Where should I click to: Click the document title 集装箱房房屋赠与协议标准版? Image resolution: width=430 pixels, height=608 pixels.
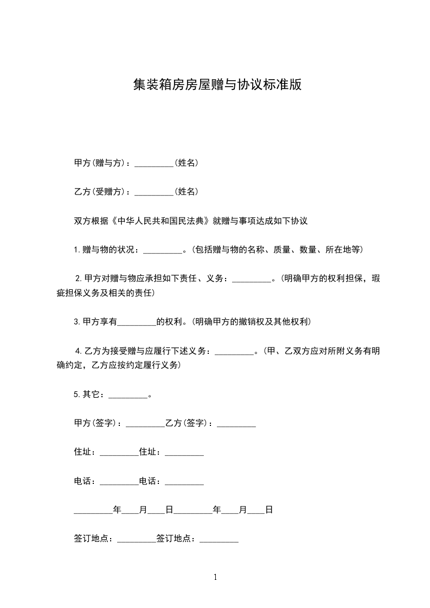click(217, 85)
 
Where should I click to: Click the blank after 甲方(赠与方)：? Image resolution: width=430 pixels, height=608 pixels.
click(154, 163)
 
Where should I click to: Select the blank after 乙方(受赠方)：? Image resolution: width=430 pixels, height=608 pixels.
click(154, 192)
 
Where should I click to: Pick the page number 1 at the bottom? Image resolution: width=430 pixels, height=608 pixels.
click(215, 577)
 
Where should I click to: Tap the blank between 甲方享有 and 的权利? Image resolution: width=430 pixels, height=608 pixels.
click(137, 322)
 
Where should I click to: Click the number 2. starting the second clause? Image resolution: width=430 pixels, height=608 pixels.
click(79, 279)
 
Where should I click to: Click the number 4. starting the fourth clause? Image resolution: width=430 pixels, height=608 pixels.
click(79, 351)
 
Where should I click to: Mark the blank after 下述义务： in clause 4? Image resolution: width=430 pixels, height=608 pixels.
click(234, 351)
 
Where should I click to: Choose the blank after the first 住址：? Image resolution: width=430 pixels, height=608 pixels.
click(119, 452)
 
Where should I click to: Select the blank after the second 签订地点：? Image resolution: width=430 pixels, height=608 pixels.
click(219, 539)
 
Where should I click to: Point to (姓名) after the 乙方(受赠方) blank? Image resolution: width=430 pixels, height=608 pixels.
click(186, 192)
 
